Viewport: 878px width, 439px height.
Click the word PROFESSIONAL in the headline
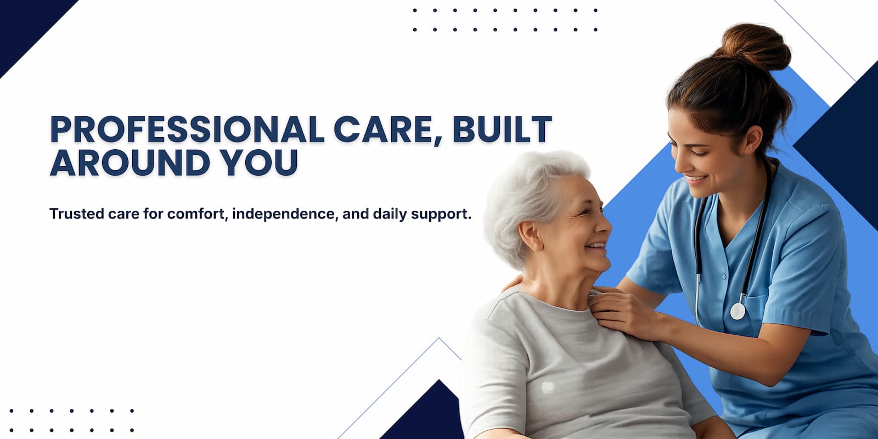pos(187,129)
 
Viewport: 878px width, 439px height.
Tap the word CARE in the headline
pos(388,130)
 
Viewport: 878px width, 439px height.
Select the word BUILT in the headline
pos(503,129)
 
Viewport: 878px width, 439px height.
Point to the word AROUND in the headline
pos(130,162)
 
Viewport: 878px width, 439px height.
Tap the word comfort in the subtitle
pos(197,214)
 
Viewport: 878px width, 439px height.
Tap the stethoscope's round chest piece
pos(738,311)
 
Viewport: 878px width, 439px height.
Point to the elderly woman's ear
pos(530,236)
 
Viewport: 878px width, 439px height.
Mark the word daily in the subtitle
pos(390,215)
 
